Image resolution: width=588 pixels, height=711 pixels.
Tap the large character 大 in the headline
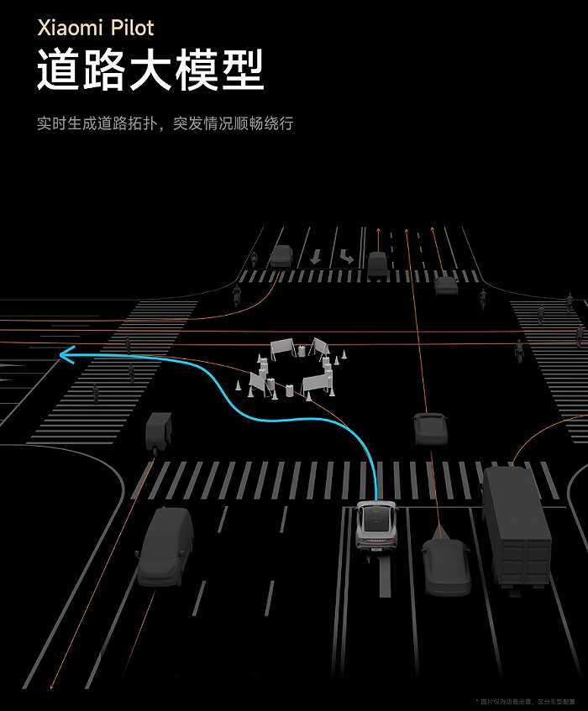(x=150, y=71)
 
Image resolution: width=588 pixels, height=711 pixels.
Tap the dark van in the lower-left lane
(x=165, y=546)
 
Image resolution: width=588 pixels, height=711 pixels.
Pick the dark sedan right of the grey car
(x=445, y=566)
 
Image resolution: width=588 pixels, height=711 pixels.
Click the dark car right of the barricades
(x=430, y=429)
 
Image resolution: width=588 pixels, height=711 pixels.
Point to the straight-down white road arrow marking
(x=315, y=256)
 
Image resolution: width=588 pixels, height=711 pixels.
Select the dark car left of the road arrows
(x=281, y=256)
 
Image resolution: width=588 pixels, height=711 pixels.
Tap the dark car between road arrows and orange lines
(x=377, y=264)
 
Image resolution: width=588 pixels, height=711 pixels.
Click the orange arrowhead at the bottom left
(x=53, y=684)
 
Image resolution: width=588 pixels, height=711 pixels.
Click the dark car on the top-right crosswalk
(x=446, y=286)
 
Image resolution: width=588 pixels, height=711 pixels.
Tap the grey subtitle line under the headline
(x=165, y=123)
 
